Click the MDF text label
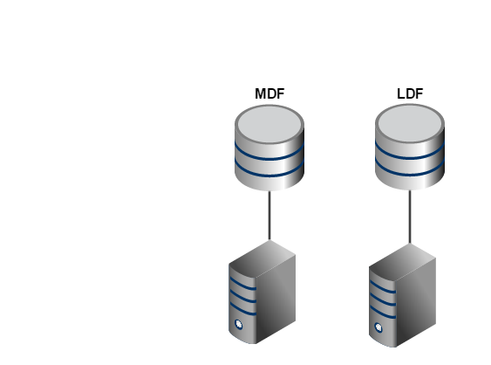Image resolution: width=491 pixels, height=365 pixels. (x=269, y=93)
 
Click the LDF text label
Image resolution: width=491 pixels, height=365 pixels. (x=410, y=93)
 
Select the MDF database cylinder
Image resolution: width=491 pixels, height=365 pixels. (x=269, y=148)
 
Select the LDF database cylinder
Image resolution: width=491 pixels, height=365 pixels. (x=410, y=147)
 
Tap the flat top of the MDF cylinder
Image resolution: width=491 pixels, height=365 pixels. (x=269, y=124)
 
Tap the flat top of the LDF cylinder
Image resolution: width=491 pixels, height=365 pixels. (x=410, y=123)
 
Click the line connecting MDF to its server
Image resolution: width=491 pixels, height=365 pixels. (x=269, y=216)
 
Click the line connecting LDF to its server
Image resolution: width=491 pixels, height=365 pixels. (x=410, y=217)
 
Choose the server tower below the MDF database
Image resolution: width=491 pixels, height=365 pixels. (x=263, y=292)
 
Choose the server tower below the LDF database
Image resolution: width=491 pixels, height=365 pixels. (x=402, y=295)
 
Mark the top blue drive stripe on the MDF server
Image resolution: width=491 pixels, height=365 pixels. (x=243, y=284)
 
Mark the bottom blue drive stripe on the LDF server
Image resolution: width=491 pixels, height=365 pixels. (x=383, y=313)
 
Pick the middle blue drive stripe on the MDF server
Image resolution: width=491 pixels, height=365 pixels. (x=243, y=297)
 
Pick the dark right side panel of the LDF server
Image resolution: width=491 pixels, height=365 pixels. (x=416, y=303)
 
